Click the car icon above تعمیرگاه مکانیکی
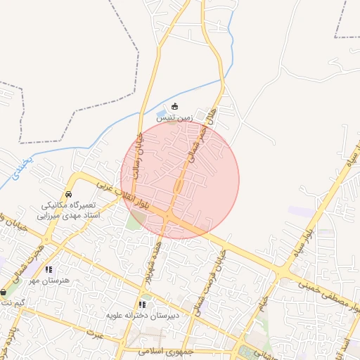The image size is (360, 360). click(x=68, y=193)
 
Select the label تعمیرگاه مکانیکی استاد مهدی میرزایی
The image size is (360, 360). click(x=70, y=210)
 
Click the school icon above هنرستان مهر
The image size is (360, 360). click(x=48, y=269)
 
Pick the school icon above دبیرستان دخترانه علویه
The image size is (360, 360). click(x=142, y=304)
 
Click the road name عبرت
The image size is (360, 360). click(x=95, y=333)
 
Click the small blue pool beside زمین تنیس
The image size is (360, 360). click(x=162, y=113)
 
